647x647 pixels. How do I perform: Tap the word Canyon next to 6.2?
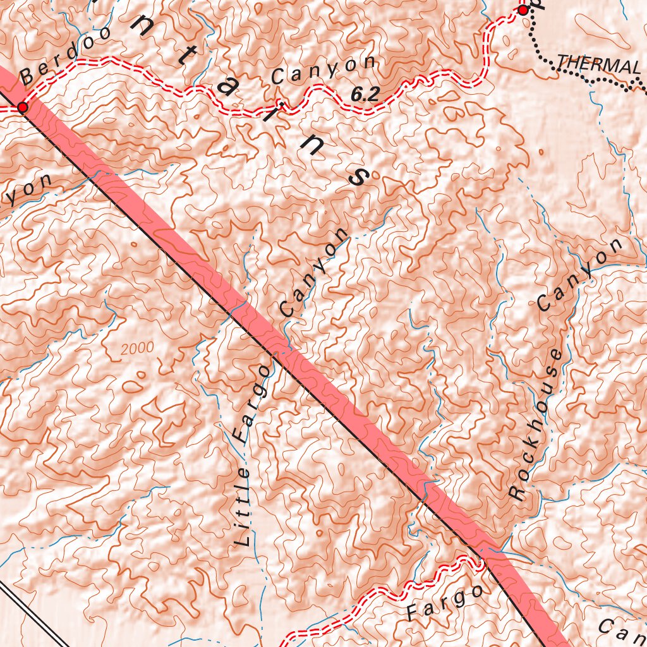[323, 70]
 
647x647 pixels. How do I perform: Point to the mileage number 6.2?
[365, 95]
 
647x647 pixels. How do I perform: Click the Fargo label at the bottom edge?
[444, 603]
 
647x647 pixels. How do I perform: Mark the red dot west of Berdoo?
[23, 108]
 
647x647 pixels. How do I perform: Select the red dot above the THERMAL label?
[523, 10]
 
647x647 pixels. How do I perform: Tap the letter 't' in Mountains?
[185, 57]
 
